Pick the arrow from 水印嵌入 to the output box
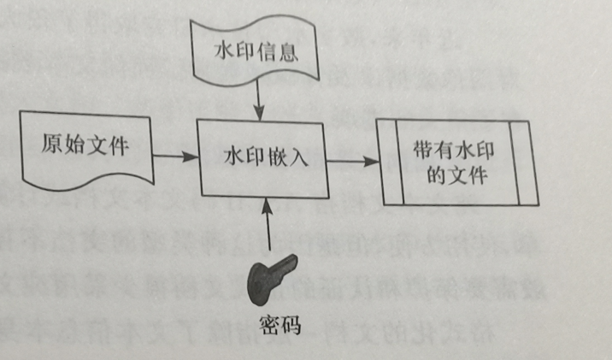(x=351, y=160)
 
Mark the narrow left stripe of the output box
(x=391, y=162)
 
